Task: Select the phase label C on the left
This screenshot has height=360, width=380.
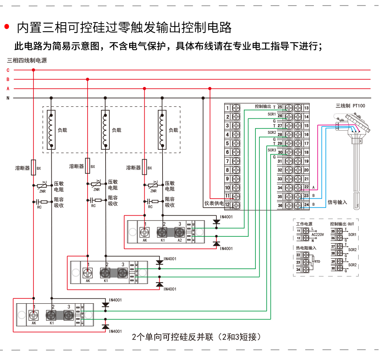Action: point(8,70)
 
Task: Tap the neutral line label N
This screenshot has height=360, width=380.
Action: point(8,98)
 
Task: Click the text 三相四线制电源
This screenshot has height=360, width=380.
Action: point(27,60)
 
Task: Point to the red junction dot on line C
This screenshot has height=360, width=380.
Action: point(33,70)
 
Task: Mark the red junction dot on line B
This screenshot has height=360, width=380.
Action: point(88,79)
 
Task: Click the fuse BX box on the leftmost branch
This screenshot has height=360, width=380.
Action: point(34,167)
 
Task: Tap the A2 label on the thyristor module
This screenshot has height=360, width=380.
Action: point(180,240)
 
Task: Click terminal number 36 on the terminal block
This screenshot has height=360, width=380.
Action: point(280,206)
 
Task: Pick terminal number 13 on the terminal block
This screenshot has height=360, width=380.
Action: point(306,108)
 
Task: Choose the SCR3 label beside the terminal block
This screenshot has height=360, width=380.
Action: point(272,150)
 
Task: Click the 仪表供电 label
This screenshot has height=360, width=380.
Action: point(214,204)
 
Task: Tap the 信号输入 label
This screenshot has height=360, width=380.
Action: point(337,202)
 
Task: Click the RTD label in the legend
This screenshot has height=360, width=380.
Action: point(317,262)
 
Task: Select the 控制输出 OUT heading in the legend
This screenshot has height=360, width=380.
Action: point(342,224)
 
